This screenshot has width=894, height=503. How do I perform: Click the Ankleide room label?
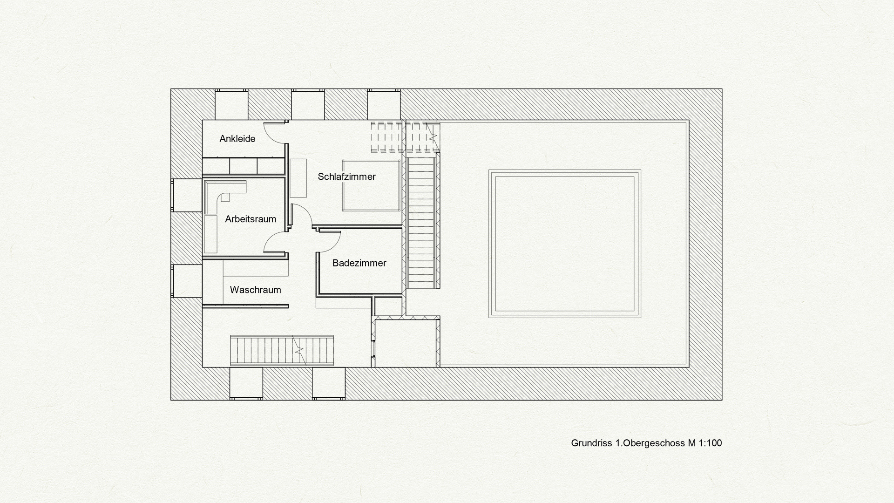coord(237,139)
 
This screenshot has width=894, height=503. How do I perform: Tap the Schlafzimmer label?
coord(346,177)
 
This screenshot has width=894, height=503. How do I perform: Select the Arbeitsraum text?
coord(251,219)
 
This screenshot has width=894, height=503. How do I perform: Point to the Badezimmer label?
coord(359,263)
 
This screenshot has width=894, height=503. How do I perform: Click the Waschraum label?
coord(255,290)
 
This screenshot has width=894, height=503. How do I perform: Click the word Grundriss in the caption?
coord(592,443)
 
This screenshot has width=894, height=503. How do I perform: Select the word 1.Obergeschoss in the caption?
coord(650,443)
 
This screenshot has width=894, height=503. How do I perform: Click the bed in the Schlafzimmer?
coord(371,185)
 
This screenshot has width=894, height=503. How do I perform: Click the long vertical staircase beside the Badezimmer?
coord(421,223)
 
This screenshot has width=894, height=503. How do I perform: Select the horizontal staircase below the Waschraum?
coord(282,350)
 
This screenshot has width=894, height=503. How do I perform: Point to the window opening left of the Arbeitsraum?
coord(187,195)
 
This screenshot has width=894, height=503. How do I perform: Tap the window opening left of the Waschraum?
coord(187,281)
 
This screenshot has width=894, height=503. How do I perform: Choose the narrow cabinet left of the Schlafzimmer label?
coord(298,178)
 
